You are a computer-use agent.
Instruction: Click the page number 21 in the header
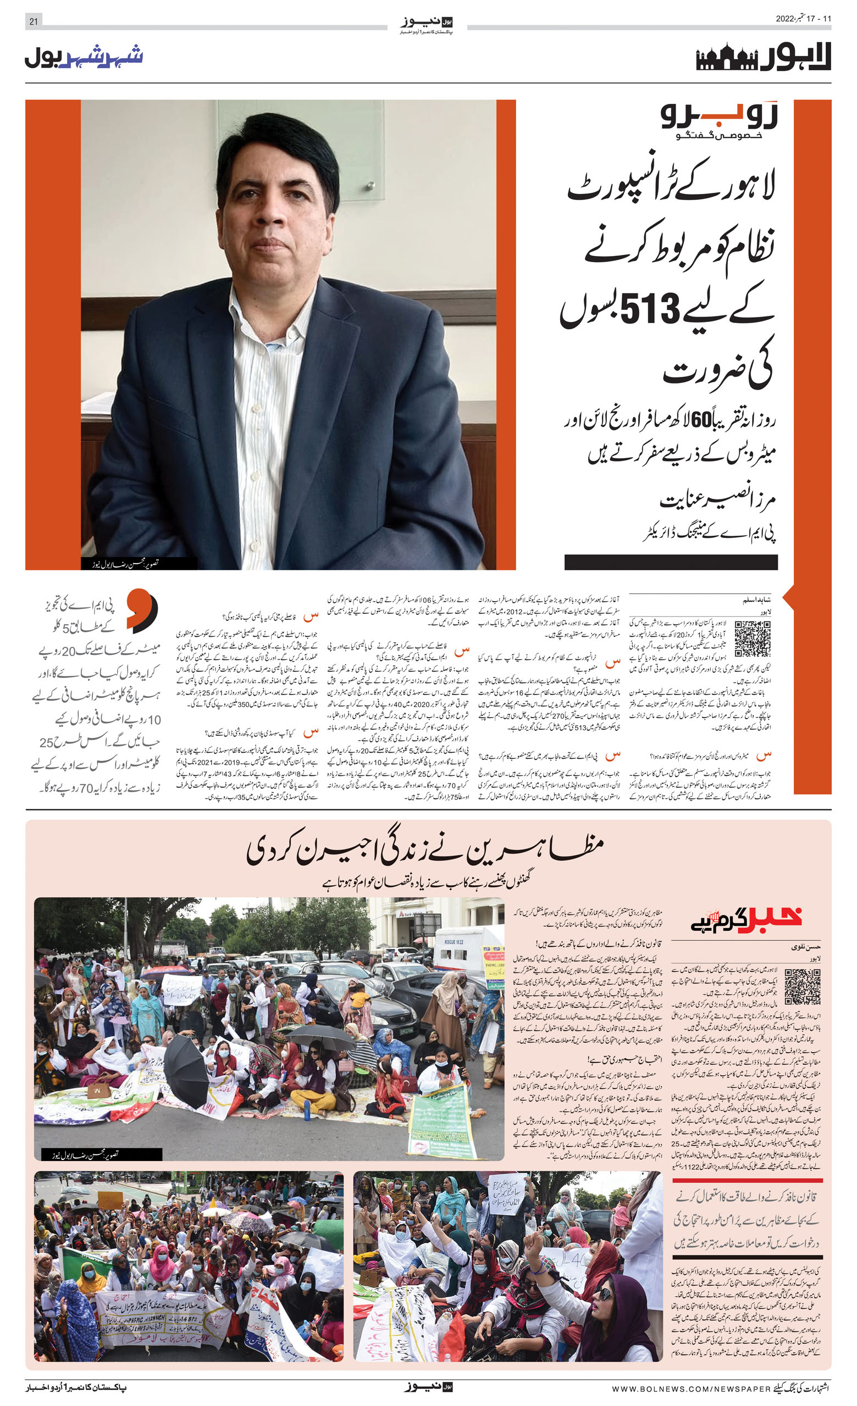tap(33, 20)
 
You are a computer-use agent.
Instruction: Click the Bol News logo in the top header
tap(427, 24)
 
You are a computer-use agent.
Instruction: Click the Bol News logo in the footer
tap(428, 1387)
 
